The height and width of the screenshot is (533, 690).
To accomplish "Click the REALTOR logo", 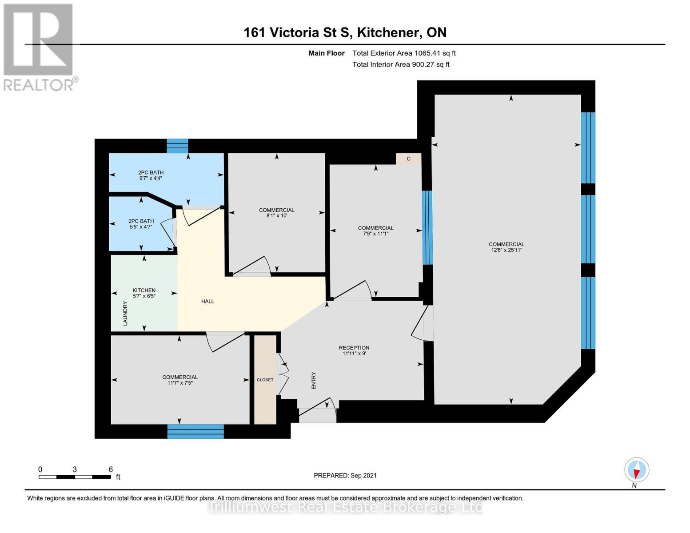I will [39, 47].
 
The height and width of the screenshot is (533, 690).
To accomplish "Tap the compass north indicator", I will [637, 470].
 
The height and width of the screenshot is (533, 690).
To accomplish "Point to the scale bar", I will [75, 477].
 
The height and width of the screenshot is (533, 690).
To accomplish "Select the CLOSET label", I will [265, 380].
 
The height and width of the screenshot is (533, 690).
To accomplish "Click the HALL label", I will [207, 301].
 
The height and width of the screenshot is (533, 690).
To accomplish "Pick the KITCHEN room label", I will [144, 290].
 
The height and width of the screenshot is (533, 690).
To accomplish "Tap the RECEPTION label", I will [354, 348].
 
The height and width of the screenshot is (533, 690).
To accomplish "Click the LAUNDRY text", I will [125, 313].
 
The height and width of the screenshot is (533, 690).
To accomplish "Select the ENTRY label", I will [314, 381].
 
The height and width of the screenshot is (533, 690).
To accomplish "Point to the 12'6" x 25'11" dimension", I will [507, 250].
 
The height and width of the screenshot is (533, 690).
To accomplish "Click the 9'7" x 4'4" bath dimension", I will [151, 178].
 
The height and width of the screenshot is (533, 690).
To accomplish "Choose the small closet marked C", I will [408, 159].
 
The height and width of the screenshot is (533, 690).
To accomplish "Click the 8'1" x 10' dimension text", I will [276, 216].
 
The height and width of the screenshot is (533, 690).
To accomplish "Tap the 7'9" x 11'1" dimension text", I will [375, 234].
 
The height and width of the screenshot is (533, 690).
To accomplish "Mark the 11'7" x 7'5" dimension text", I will [180, 383].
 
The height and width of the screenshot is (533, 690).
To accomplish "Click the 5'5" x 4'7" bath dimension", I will [141, 227].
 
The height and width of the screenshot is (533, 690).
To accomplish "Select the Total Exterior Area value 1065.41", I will [426, 53].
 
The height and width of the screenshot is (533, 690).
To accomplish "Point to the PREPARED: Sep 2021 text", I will [345, 475].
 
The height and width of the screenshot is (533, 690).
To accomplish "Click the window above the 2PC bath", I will [177, 146].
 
